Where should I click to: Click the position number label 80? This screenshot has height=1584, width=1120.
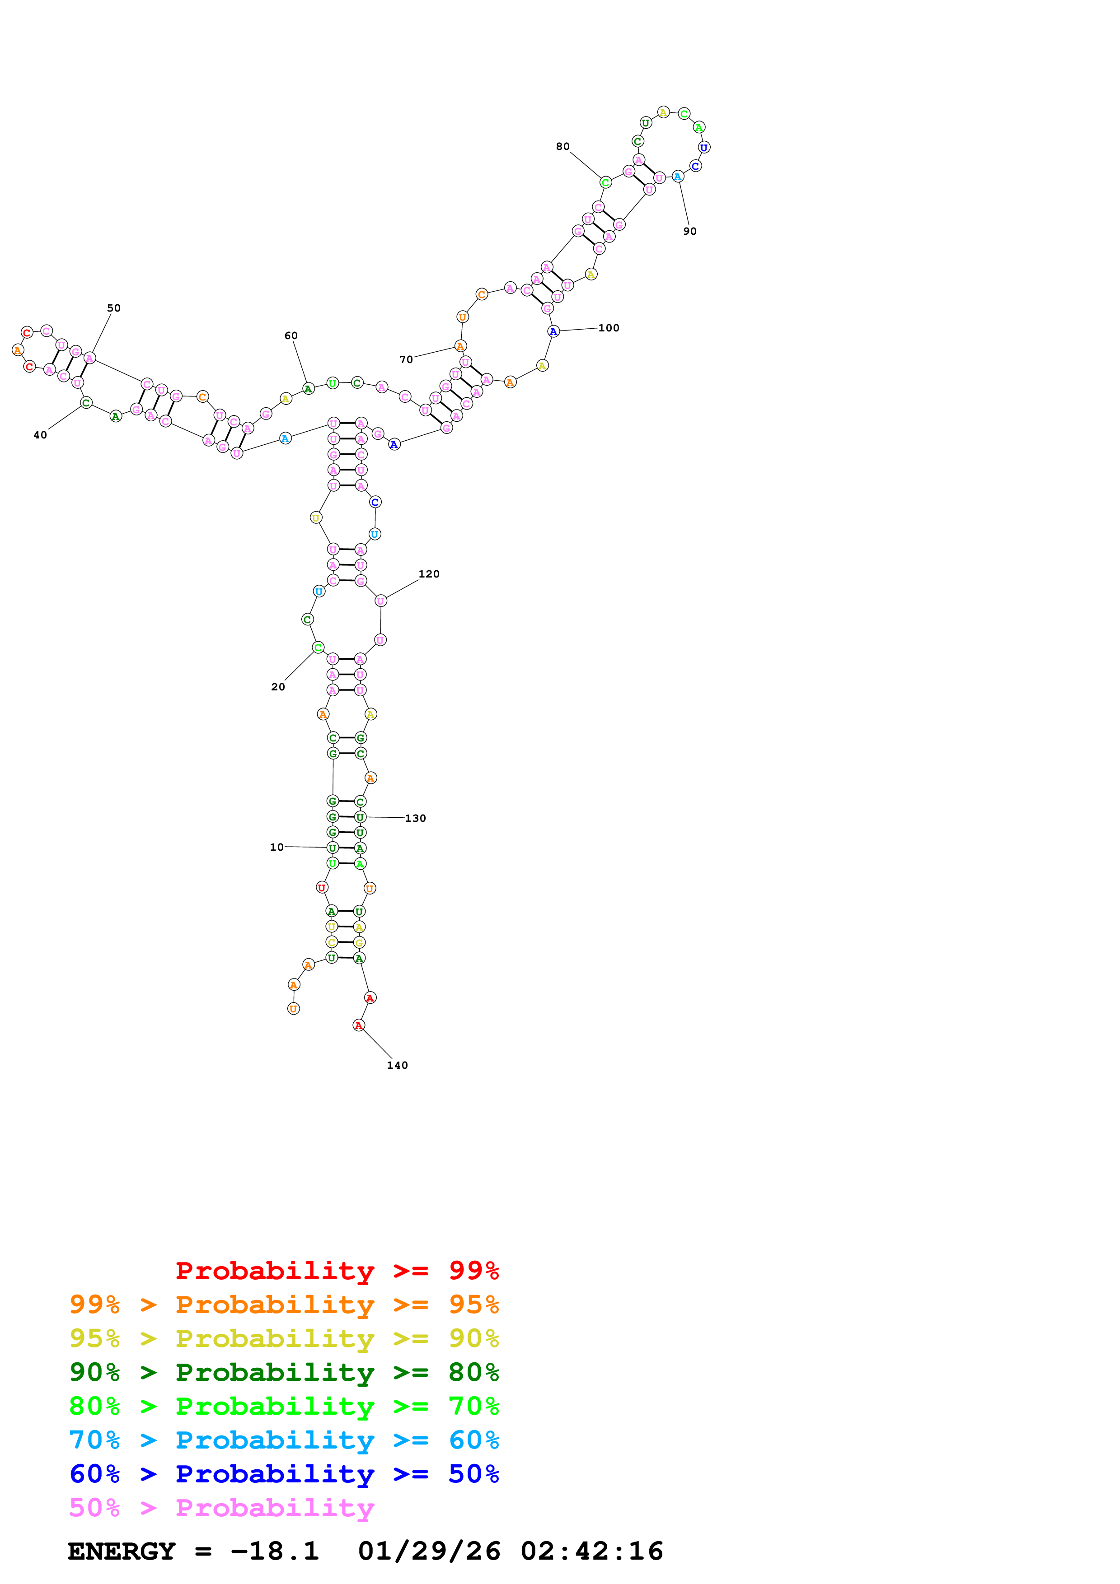point(562,146)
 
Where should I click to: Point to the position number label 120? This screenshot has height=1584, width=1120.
point(429,574)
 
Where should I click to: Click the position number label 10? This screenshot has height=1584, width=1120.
point(276,847)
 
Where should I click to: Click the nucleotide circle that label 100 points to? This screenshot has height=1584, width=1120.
point(553,332)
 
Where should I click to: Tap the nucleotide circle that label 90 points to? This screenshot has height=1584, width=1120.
point(678,177)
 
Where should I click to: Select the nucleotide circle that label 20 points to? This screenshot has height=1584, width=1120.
point(318,647)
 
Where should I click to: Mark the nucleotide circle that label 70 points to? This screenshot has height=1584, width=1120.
point(460,346)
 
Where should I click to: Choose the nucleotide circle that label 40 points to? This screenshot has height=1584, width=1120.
point(85,403)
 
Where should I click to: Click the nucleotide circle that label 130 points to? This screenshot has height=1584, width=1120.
point(360,817)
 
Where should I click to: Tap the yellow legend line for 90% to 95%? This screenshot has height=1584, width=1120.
point(284,1338)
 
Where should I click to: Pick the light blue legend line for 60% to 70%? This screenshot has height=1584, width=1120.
point(284,1440)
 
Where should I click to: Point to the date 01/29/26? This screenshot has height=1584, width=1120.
point(429,1551)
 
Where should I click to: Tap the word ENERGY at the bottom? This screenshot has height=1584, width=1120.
point(122,1551)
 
